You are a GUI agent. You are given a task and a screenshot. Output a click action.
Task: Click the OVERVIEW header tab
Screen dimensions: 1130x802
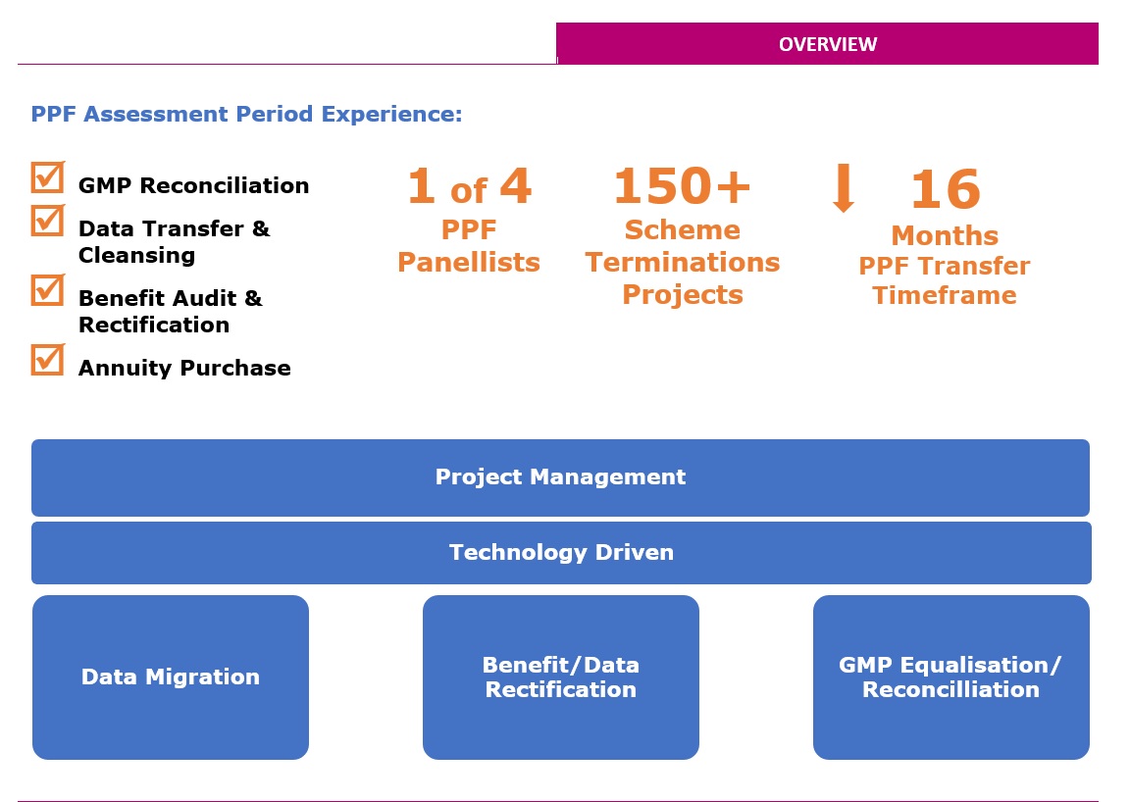pyautogui.click(x=827, y=43)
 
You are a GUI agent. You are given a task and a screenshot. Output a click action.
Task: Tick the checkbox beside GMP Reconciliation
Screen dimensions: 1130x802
pyautogui.click(x=47, y=177)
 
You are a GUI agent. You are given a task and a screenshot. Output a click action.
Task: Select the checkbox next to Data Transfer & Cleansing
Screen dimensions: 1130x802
pyautogui.click(x=47, y=221)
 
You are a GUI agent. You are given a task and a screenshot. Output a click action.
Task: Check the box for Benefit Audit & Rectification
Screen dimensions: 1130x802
pyautogui.click(x=47, y=289)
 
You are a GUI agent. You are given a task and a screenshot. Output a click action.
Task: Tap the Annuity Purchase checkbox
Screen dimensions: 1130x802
pyautogui.click(x=47, y=360)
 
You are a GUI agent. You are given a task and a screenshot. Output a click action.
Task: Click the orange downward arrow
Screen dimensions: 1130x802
pyautogui.click(x=844, y=187)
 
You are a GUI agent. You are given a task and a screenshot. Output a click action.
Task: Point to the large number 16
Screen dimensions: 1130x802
pyautogui.click(x=946, y=189)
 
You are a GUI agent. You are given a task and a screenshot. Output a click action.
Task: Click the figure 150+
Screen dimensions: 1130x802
pyautogui.click(x=682, y=186)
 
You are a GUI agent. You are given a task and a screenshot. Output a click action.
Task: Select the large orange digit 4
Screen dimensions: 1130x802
pyautogui.click(x=515, y=185)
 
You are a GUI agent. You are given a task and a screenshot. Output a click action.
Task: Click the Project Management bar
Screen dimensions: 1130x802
pyautogui.click(x=560, y=477)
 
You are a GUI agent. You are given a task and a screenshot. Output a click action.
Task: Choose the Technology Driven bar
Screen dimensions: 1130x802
pyautogui.click(x=561, y=553)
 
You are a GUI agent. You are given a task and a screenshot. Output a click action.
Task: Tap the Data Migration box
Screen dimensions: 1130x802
pyautogui.click(x=171, y=677)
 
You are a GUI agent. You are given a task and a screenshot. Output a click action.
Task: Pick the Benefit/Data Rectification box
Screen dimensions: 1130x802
pyautogui.click(x=561, y=677)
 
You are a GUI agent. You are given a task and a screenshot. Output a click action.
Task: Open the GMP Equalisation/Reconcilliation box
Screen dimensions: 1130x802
pyautogui.click(x=951, y=677)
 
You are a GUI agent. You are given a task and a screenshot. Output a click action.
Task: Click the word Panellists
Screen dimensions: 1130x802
pyautogui.click(x=469, y=263)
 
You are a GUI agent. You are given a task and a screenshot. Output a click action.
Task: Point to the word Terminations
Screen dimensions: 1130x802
pyautogui.click(x=683, y=263)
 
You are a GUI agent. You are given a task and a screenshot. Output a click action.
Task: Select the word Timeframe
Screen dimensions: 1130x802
pyautogui.click(x=944, y=295)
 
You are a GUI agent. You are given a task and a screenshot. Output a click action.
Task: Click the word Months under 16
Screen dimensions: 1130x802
pyautogui.click(x=945, y=235)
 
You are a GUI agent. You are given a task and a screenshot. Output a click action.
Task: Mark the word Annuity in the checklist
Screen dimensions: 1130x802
pyautogui.click(x=125, y=369)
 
